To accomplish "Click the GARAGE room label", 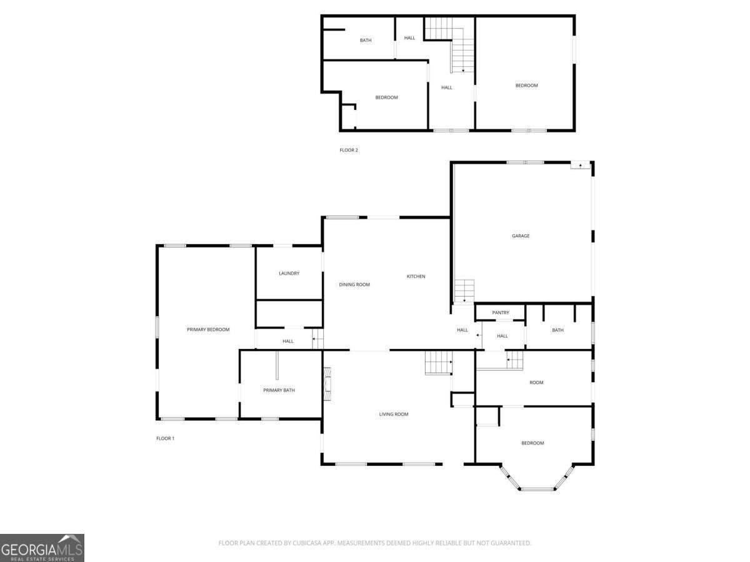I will pyautogui.click(x=521, y=236).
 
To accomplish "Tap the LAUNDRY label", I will pyautogui.click(x=289, y=274).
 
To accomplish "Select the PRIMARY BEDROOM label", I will pyautogui.click(x=208, y=330).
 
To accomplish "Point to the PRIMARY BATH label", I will pyautogui.click(x=279, y=390).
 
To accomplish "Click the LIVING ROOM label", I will pyautogui.click(x=394, y=414).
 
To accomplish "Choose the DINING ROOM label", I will pyautogui.click(x=354, y=285).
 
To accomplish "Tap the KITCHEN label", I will pyautogui.click(x=416, y=277).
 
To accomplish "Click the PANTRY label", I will pyautogui.click(x=501, y=313).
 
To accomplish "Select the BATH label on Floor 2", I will pyautogui.click(x=366, y=41).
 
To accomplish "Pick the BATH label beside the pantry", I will pyautogui.click(x=557, y=330).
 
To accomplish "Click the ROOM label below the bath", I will pyautogui.click(x=536, y=383).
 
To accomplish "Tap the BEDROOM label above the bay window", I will pyautogui.click(x=532, y=443).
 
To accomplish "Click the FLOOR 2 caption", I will pyautogui.click(x=349, y=150).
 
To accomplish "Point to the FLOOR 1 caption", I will pyautogui.click(x=165, y=438).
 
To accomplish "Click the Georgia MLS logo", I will pyautogui.click(x=42, y=548).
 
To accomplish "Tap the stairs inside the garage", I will pyautogui.click(x=464, y=290).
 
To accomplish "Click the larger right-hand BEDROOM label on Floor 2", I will pyautogui.click(x=526, y=86).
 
